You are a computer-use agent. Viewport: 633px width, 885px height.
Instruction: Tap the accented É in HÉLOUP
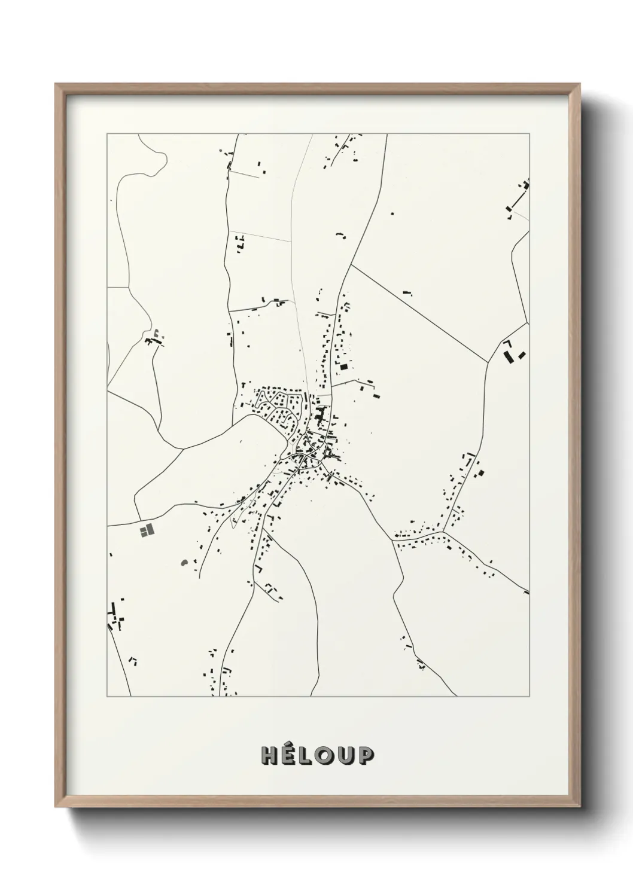click(x=287, y=755)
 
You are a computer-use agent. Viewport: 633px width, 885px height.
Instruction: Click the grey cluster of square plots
click(x=146, y=530)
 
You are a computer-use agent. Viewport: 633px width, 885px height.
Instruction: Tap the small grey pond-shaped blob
click(x=184, y=563)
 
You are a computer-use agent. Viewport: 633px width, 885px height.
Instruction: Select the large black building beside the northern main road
click(x=343, y=367)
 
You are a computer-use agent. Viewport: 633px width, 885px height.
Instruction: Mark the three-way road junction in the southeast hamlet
click(x=443, y=531)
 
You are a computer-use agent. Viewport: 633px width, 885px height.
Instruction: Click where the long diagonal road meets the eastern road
click(x=488, y=362)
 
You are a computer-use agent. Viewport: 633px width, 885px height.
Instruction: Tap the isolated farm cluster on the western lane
click(x=154, y=339)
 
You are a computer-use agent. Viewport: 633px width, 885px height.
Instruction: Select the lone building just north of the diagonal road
click(x=409, y=291)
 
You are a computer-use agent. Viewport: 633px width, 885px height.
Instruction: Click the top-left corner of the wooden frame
click(x=56, y=84)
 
